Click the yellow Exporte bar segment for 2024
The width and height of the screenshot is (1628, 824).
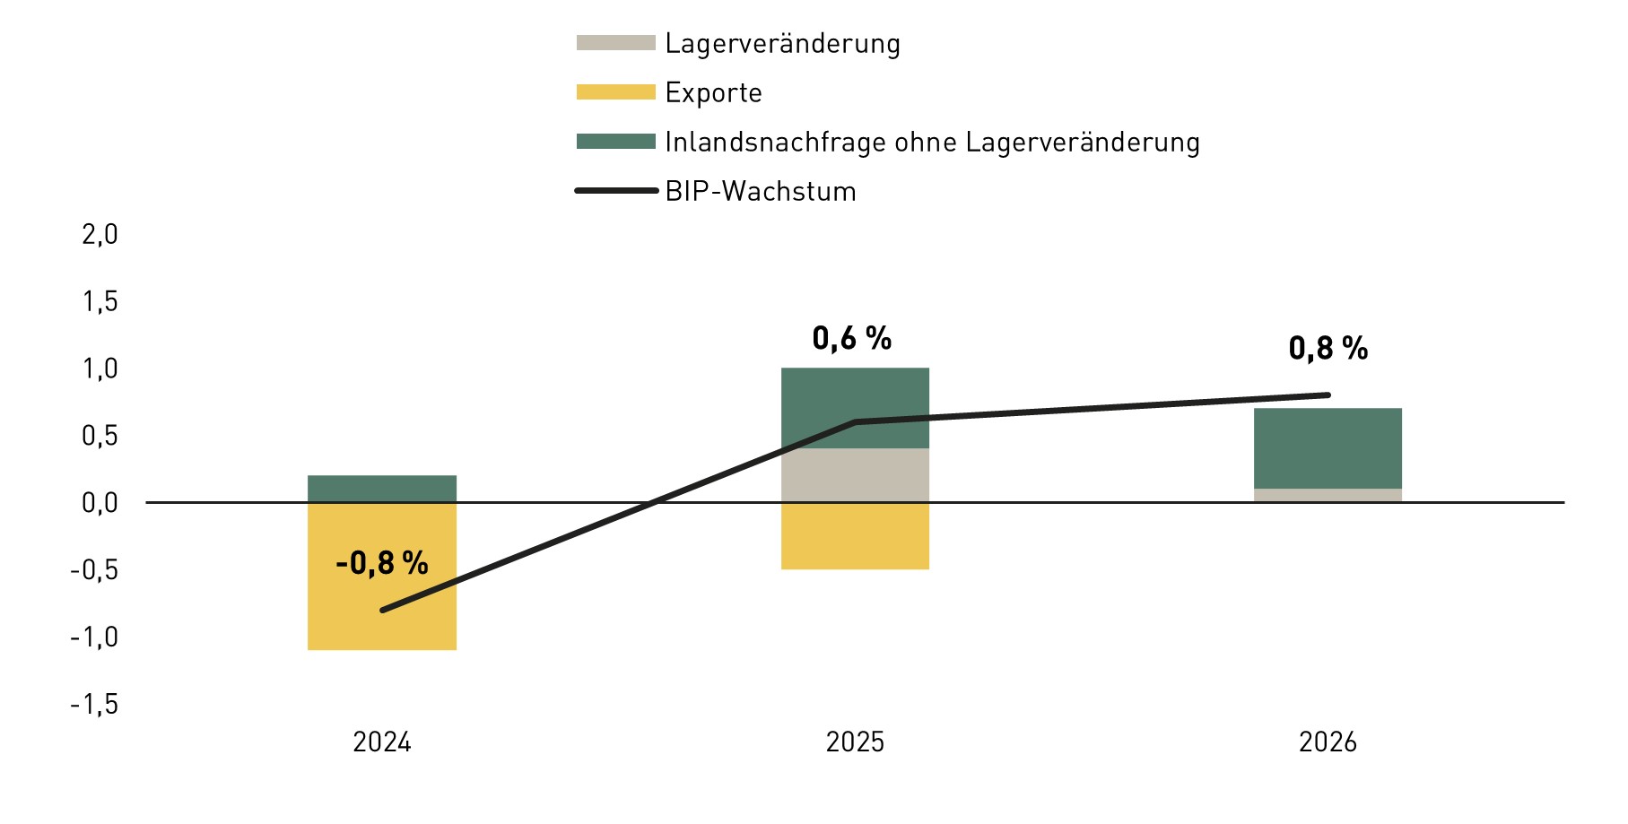tap(381, 619)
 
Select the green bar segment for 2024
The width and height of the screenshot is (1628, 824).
tap(381, 489)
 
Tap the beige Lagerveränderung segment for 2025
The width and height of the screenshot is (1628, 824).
tap(855, 475)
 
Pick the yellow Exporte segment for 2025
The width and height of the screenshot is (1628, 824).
tap(855, 535)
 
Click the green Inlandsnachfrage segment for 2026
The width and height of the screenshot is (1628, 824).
tap(1328, 448)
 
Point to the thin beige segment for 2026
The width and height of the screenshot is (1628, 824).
tap(1328, 495)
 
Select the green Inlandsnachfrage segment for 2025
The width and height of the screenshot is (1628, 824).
tap(855, 395)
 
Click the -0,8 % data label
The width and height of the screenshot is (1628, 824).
tap(381, 563)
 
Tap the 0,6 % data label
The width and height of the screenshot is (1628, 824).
tap(851, 338)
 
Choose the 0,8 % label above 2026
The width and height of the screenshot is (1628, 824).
tap(1328, 348)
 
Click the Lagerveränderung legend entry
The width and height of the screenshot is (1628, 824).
tap(782, 43)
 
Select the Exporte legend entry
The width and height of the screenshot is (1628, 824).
tap(713, 92)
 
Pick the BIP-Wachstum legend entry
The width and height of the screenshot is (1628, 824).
tap(760, 191)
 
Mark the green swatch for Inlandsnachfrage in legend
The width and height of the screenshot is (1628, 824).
tap(615, 142)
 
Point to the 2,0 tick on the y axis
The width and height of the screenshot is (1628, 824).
tap(100, 234)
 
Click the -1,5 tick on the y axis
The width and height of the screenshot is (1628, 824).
tap(94, 704)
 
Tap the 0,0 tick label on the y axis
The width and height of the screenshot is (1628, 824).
tap(100, 502)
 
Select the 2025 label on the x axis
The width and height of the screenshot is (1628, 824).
tap(855, 742)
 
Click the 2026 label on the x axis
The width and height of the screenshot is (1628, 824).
tap(1328, 742)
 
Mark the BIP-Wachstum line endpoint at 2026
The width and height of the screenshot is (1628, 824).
tap(1328, 395)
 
